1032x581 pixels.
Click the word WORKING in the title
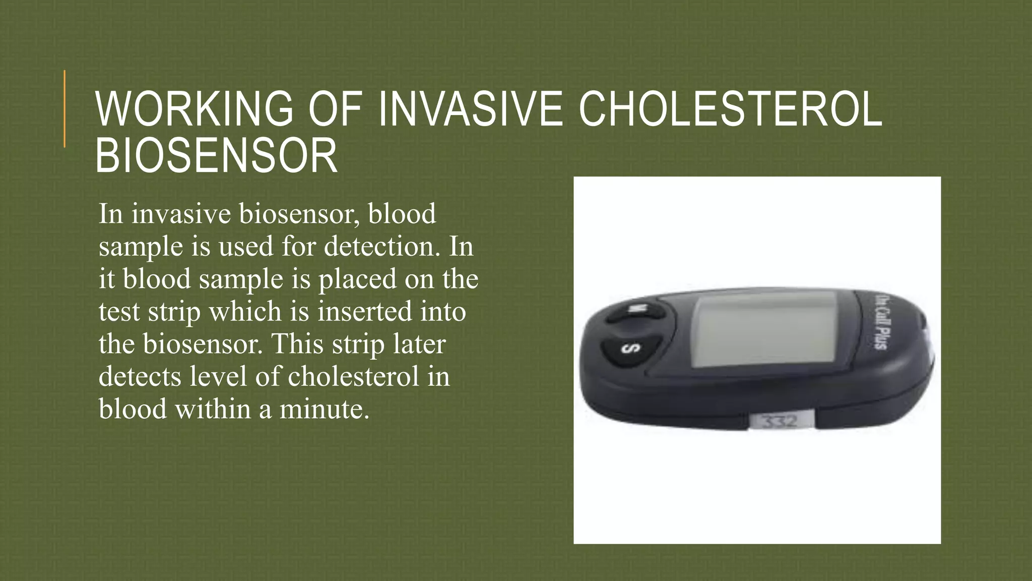tap(195, 109)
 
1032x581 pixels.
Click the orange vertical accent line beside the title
tap(64, 108)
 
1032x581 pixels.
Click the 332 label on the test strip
tap(779, 421)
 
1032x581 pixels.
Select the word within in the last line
tap(213, 409)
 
